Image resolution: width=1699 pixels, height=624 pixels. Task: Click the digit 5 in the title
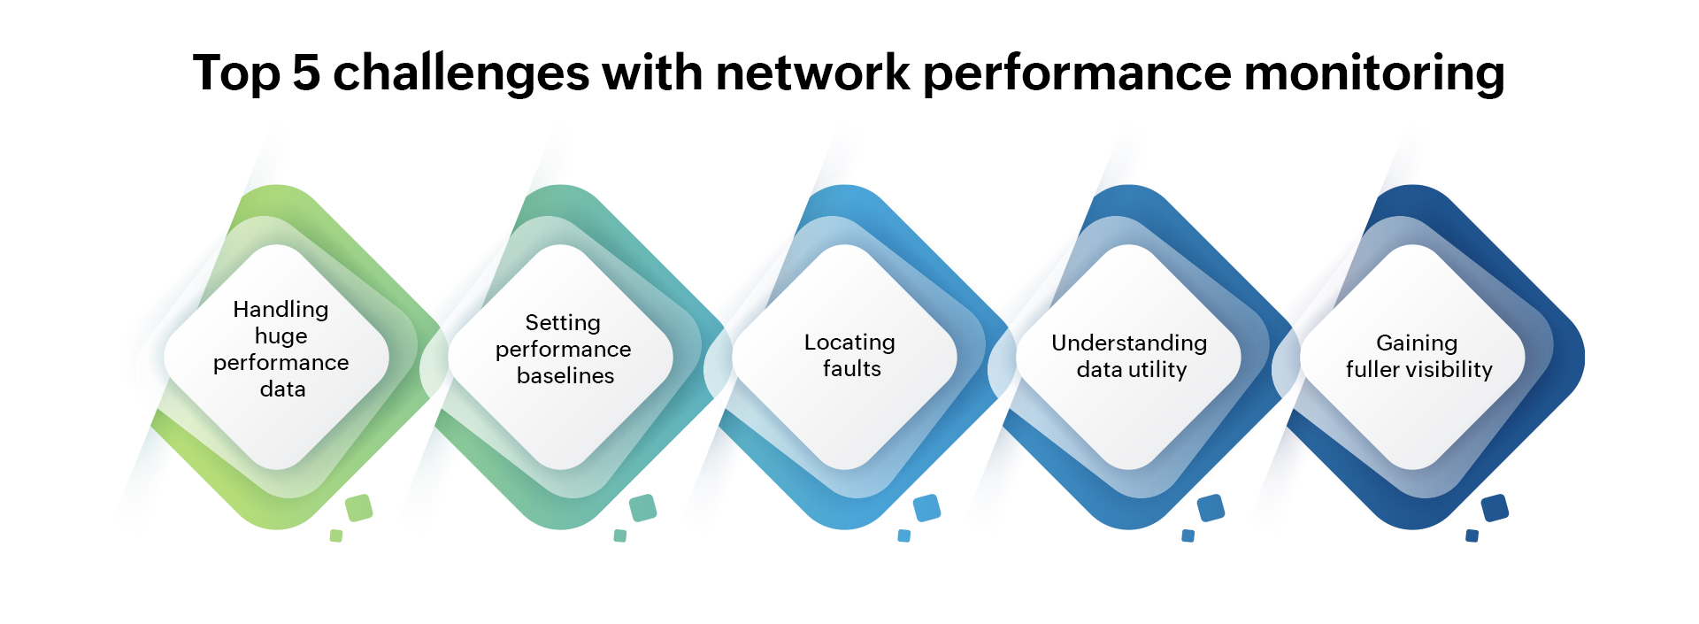coord(305,73)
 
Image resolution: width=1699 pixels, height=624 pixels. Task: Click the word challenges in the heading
coord(460,74)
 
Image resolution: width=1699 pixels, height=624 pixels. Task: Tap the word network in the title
coord(812,73)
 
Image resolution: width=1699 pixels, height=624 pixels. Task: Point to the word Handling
coord(281,309)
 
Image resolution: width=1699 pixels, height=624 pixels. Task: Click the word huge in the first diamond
coord(281,336)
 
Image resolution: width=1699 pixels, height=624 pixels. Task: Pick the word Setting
coord(563,323)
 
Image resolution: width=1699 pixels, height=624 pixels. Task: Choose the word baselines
coord(565,375)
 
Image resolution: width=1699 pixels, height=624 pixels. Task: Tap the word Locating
coord(849,343)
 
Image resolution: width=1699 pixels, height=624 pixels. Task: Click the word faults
coord(851,368)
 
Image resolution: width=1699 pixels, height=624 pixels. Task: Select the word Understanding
coord(1129,343)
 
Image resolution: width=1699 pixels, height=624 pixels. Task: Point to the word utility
coord(1157,369)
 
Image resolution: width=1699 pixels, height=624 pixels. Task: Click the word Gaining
coord(1416,343)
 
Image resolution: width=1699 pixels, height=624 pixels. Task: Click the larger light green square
coord(358,508)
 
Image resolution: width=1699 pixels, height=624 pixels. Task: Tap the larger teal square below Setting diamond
coord(642,508)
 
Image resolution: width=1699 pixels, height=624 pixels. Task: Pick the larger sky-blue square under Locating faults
coord(926,508)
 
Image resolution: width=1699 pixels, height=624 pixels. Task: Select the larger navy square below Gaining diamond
coord(1495,508)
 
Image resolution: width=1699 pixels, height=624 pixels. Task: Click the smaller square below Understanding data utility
coord(1188,535)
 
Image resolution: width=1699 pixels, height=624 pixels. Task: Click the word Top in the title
coord(235,73)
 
